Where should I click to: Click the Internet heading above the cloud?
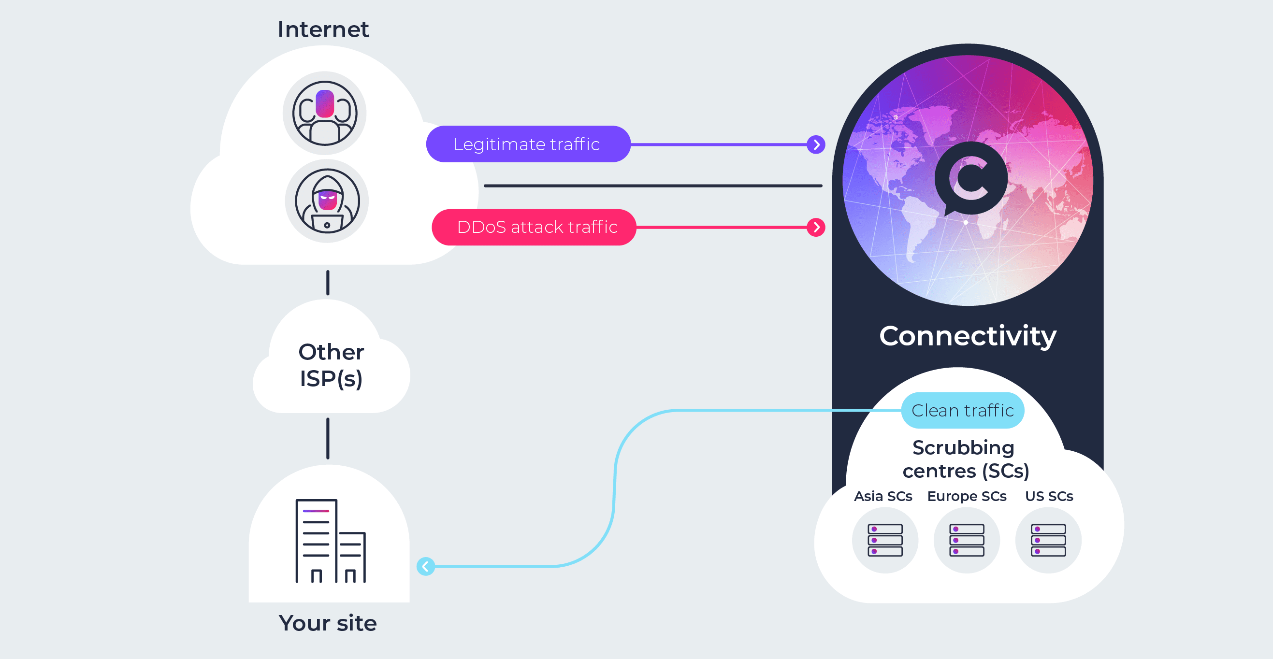pos(323,29)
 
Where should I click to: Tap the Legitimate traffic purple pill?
pos(527,144)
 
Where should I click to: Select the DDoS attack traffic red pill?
pos(534,227)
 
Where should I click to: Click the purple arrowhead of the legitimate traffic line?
pos(816,145)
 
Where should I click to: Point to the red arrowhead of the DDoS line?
pos(816,227)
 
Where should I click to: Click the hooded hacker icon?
pos(327,201)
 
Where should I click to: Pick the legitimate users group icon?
pos(325,113)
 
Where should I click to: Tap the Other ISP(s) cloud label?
pos(331,366)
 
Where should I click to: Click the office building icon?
pos(330,541)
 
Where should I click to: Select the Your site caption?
pos(328,623)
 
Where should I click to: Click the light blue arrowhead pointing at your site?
pos(425,566)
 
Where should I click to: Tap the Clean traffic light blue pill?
pos(962,411)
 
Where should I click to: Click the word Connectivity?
pos(968,336)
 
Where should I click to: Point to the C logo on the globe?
pos(970,178)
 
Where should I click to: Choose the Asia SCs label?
pos(883,496)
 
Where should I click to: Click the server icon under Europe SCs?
pos(967,540)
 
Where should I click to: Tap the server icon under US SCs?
pos(1048,540)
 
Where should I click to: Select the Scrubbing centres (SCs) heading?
pos(965,459)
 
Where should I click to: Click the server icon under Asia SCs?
pos(885,540)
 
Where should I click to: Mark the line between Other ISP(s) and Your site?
pos(328,438)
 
